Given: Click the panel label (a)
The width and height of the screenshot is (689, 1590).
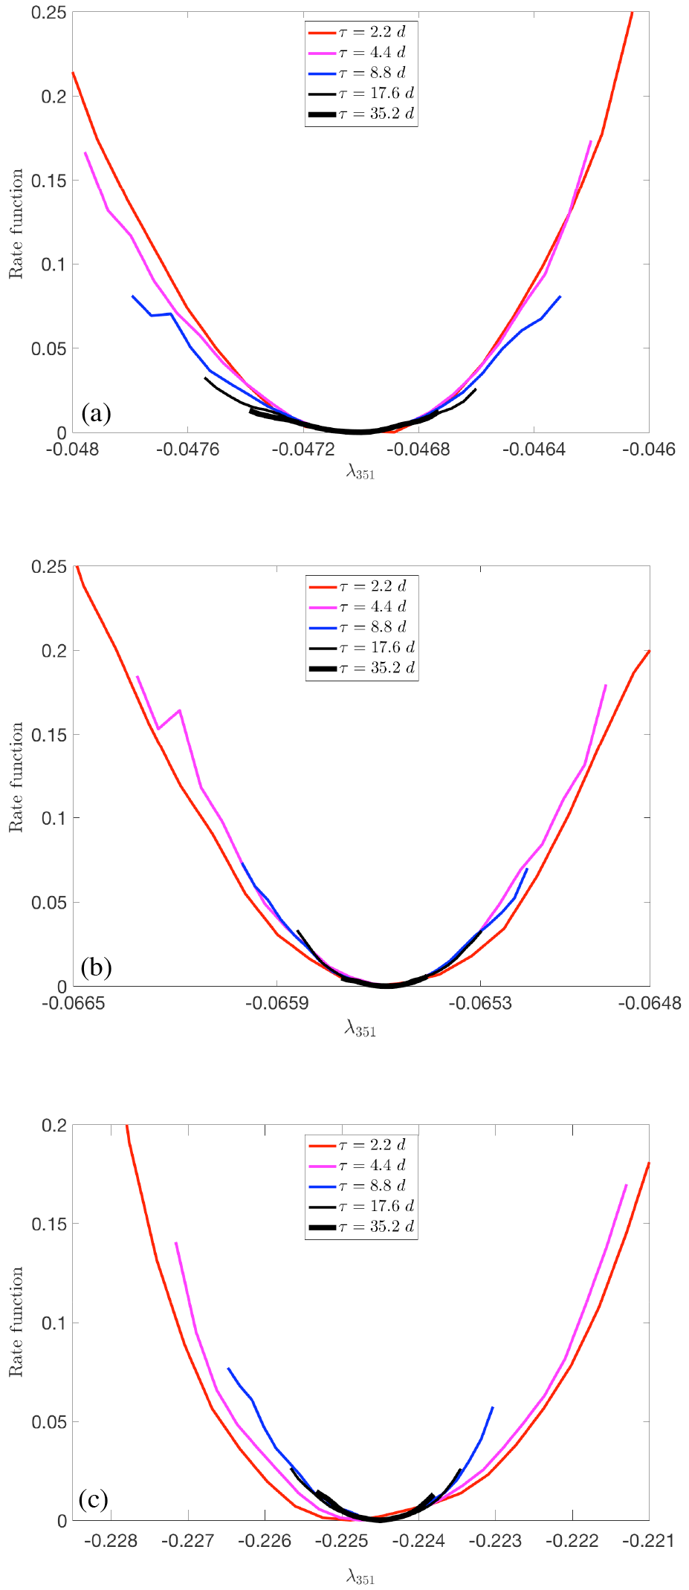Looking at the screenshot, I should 97,413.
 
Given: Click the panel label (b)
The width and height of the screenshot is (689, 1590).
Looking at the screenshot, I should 97,967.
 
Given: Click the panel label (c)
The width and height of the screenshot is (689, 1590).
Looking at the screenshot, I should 94,1500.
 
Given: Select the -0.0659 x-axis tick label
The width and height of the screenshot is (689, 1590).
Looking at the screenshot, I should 277,1003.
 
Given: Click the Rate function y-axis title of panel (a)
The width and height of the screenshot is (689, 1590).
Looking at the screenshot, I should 16,224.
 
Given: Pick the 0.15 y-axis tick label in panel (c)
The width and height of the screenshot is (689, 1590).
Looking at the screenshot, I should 48,1224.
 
